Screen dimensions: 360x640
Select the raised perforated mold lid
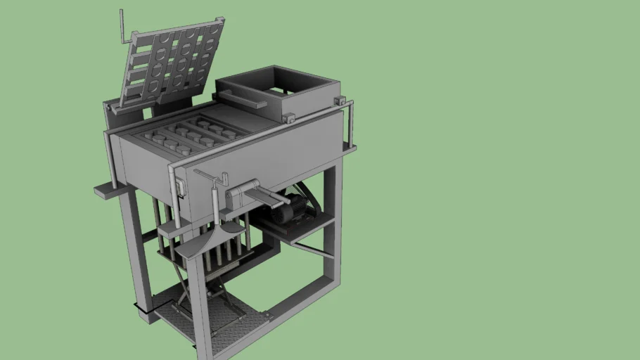coord(172,63)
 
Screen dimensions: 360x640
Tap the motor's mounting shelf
coord(295,229)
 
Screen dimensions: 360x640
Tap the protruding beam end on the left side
coord(105,191)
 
